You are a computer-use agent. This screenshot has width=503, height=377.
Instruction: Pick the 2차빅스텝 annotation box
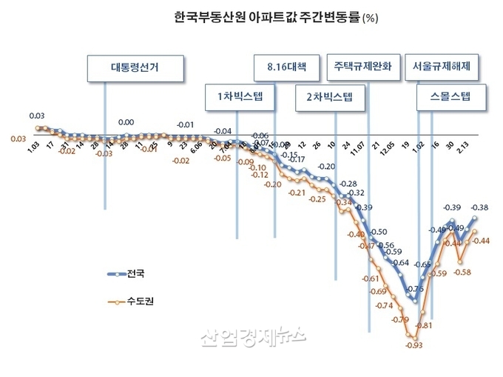tap(329, 96)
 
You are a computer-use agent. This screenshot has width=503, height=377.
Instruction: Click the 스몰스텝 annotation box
tap(443, 96)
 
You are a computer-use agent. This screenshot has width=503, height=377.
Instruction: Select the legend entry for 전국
tap(134, 273)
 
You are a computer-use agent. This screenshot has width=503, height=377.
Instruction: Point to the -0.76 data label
tap(416, 289)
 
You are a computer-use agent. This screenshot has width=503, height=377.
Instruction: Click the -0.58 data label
tap(462, 273)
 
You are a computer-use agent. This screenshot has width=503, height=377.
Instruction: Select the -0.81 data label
tap(424, 326)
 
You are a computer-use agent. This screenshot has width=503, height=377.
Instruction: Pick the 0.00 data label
tap(126, 122)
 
